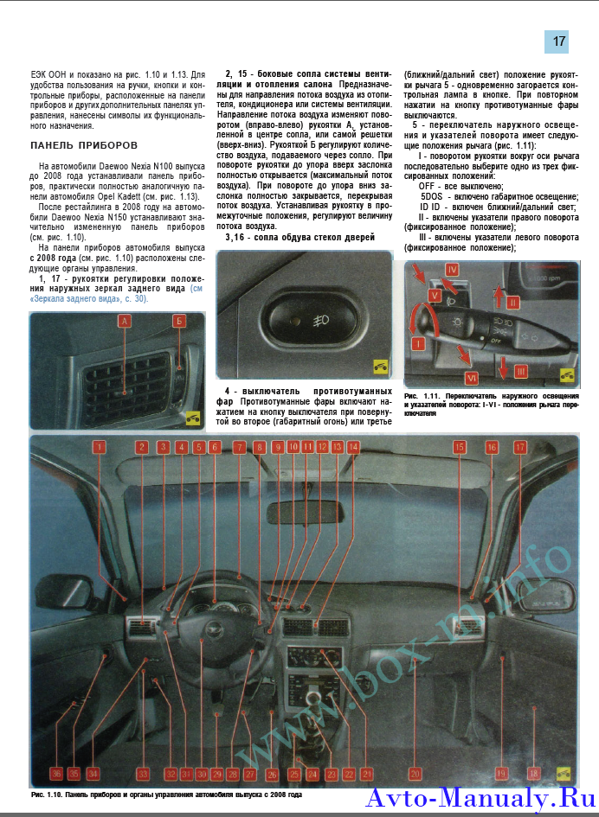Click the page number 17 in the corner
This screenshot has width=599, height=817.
pos(557,41)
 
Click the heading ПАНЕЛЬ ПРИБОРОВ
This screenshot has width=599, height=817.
pos(83,145)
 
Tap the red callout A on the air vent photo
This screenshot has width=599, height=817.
pos(124,322)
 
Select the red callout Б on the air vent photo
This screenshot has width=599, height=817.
pos(179,322)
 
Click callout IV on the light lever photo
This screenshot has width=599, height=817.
pos(452,270)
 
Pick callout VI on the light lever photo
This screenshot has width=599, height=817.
pos(472,377)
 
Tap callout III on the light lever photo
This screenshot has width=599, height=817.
pos(520,371)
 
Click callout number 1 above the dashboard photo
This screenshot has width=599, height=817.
pos(100,447)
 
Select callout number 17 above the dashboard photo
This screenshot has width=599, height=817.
pos(519,447)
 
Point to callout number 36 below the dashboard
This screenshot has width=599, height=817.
pos(56,774)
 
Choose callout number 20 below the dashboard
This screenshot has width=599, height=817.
pos(415,774)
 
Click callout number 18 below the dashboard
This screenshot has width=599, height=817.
pos(533,774)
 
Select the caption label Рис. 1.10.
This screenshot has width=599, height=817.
pos(46,794)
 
